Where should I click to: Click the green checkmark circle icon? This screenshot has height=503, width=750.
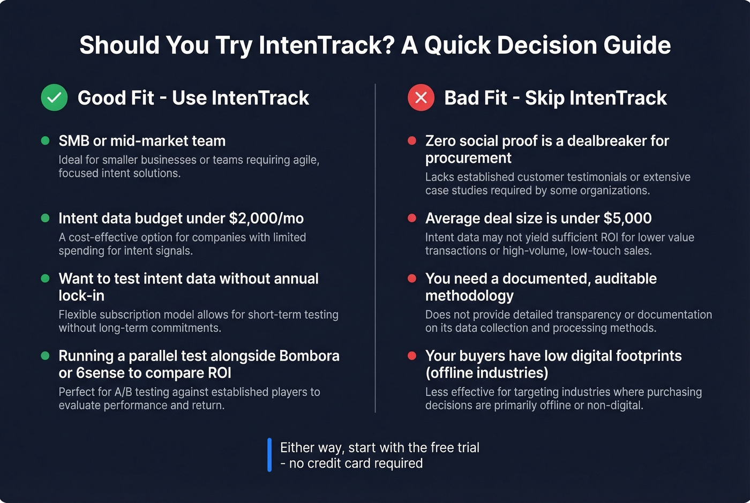coord(54,97)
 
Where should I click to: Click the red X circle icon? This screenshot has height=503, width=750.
coord(421,97)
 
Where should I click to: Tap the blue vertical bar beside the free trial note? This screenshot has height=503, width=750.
coord(269,455)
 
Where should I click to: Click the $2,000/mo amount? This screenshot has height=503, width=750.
coord(266,219)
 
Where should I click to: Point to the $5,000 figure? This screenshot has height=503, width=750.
coord(627,219)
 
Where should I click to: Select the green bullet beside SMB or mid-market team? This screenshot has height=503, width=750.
coord(46,141)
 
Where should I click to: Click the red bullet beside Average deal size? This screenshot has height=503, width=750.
coord(412,218)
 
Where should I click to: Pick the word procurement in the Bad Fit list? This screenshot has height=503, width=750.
coord(468,159)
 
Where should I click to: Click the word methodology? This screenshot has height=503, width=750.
coord(469,296)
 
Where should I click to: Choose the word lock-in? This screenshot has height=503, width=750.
coord(81,296)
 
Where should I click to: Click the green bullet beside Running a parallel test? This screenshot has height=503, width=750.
coord(46,356)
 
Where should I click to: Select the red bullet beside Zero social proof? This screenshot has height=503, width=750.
coord(412,141)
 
